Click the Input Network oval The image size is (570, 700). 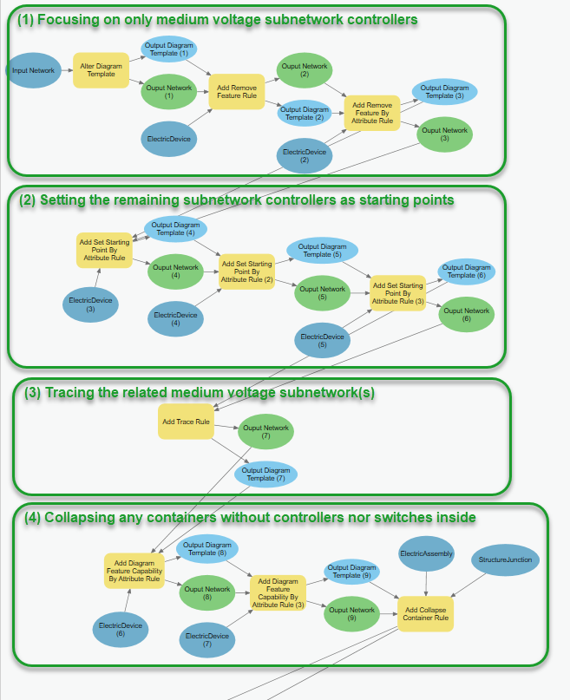(x=34, y=70)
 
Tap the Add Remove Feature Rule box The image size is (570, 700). (x=236, y=92)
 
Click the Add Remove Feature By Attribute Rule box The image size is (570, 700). (x=372, y=114)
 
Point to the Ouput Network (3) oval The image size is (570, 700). (x=444, y=134)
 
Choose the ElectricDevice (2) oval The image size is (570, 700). (x=305, y=156)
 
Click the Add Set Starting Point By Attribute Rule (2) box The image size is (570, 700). (x=246, y=271)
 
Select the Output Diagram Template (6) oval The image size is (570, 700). (x=467, y=271)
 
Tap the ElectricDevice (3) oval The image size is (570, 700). (x=90, y=304)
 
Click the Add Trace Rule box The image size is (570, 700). (x=186, y=422)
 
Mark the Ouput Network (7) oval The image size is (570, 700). (x=265, y=431)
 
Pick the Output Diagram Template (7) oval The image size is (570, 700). (x=265, y=474)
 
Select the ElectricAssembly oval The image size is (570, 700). (x=425, y=554)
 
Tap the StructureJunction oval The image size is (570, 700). (x=505, y=559)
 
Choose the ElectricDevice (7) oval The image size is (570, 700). (x=207, y=640)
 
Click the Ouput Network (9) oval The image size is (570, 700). (x=351, y=614)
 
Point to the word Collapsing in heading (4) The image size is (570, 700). (x=82, y=518)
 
